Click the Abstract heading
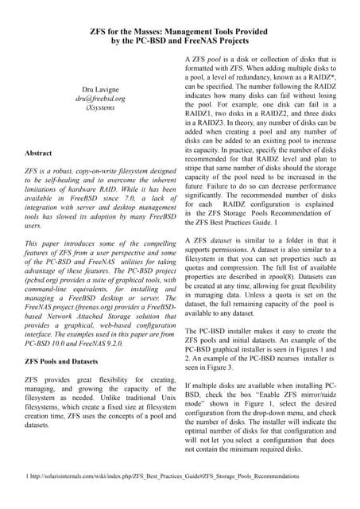pyautogui.click(x=39, y=152)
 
